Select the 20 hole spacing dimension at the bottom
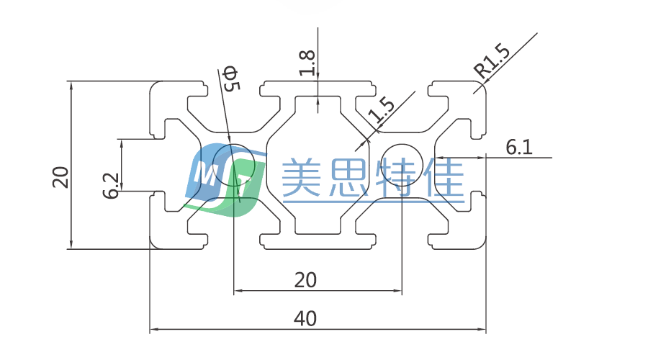click(x=306, y=279)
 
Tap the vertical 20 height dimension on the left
click(x=60, y=176)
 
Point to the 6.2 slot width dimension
click(x=110, y=186)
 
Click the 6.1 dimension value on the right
click(x=518, y=148)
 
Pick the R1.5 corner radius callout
click(x=492, y=60)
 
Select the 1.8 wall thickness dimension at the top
click(x=307, y=63)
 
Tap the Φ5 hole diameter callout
click(x=230, y=78)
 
